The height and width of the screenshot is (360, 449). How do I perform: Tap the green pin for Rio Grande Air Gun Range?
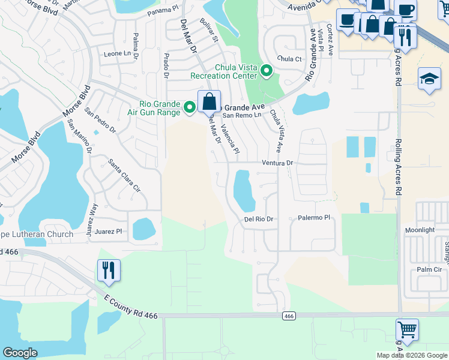190,107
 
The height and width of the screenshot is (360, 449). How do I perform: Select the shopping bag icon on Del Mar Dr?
209,101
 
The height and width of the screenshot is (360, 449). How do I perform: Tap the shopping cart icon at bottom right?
407,329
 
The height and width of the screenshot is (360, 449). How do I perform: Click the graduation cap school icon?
429,79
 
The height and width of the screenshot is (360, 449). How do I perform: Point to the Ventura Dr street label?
277,163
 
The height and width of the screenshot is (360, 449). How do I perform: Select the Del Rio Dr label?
259,220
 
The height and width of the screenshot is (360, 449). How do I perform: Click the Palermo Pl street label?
314,218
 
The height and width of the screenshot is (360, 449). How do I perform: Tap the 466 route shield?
289,316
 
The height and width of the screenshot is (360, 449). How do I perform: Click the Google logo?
20,352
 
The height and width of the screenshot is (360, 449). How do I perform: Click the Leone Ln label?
117,53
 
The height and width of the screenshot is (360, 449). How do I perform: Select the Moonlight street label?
420,230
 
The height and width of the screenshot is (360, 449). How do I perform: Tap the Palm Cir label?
429,269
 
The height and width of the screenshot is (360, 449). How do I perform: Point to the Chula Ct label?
289,59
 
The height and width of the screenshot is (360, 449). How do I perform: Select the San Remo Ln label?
243,115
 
